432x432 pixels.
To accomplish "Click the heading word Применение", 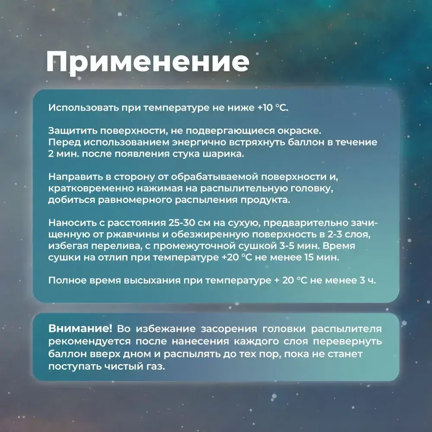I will click(148, 63).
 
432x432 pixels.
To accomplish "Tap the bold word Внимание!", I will click(80, 329).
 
